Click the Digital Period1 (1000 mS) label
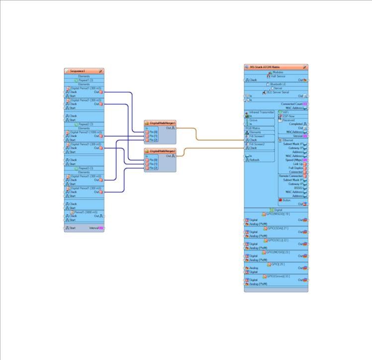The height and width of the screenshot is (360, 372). click(86, 132)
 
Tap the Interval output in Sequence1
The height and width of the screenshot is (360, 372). click(94, 228)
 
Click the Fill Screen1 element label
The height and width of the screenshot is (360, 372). click(257, 136)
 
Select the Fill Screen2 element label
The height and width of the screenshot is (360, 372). click(257, 144)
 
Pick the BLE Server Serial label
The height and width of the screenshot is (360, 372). click(279, 92)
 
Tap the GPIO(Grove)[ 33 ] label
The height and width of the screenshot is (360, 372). click(278, 276)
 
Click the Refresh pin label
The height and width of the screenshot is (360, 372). click(255, 160)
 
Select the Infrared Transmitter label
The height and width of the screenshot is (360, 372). click(262, 112)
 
